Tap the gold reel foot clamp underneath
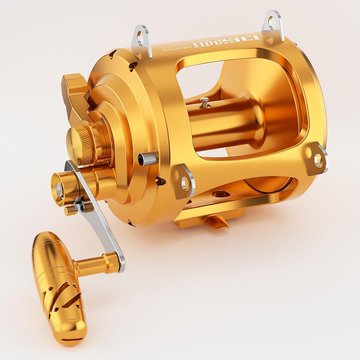pyautogui.click(x=209, y=219)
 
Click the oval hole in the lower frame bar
pyautogui.click(x=221, y=194)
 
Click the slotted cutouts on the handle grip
pyautogui.click(x=62, y=296)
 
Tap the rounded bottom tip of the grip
pyautogui.click(x=72, y=334)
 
